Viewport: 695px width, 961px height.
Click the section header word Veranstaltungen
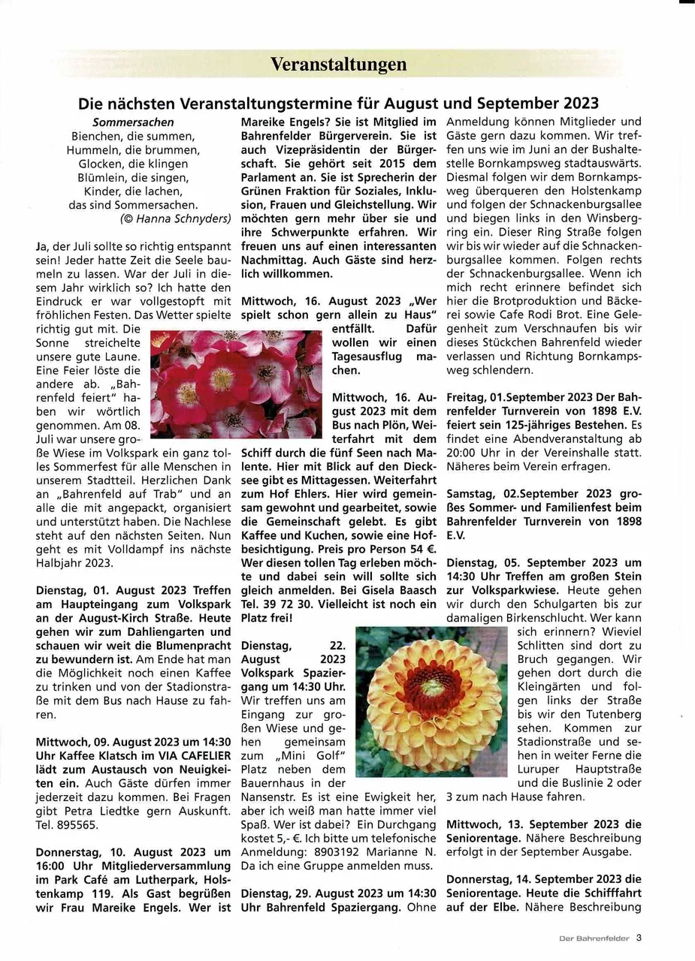(x=339, y=65)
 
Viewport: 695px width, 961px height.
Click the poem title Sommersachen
(x=133, y=122)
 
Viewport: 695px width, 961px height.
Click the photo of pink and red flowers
(x=236, y=384)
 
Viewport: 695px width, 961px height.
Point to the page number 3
(x=639, y=938)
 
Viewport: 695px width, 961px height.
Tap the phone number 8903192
(x=351, y=851)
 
